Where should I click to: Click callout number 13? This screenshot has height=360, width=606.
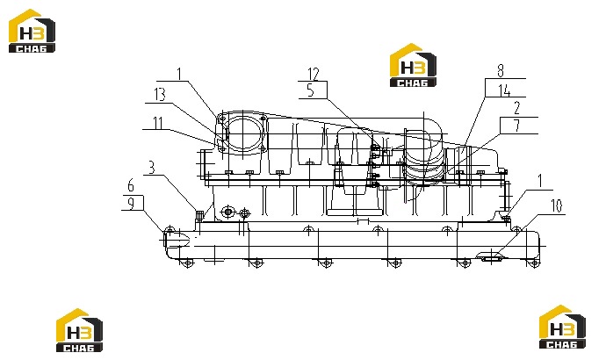pos(160,95)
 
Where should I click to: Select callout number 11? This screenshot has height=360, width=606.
pos(158,123)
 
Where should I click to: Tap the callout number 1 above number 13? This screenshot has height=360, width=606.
pos(178,74)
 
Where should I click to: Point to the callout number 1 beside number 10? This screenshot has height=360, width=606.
pos(540,181)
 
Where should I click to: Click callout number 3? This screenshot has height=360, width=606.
pos(151,168)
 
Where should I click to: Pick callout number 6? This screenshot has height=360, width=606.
pos(131,186)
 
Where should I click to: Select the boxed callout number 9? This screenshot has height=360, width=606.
pos(132,203)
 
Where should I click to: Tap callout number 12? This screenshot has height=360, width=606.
pos(314,74)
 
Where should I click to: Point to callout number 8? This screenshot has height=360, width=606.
pos(501,71)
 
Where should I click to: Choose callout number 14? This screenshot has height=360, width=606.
pos(504,90)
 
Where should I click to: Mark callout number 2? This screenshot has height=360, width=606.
pos(517,108)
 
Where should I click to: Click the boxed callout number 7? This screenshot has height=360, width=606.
pos(517,126)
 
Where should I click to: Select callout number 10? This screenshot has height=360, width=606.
pos(556,205)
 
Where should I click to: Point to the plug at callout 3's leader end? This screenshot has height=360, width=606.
pos(199,215)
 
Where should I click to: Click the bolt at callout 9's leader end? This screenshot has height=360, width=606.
pos(170,232)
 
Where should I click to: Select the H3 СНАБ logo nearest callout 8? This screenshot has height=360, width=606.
pos(413,65)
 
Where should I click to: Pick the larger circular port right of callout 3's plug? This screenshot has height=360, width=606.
pos(228,212)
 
